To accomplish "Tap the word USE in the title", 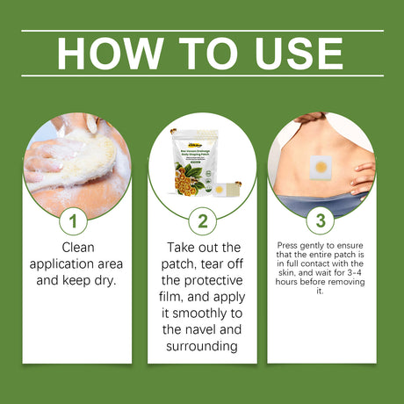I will tap(292, 54).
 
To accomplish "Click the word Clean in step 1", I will tap(77, 248).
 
